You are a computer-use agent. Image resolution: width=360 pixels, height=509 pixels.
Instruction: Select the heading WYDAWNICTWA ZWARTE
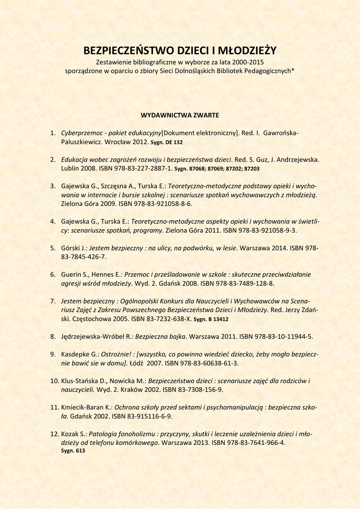coord(180,115)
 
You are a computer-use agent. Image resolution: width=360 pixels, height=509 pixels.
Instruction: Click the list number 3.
coord(52,186)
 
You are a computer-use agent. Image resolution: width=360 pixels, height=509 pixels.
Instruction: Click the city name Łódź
coord(135,363)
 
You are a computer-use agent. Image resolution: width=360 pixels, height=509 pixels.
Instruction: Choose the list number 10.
coord(54,381)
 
